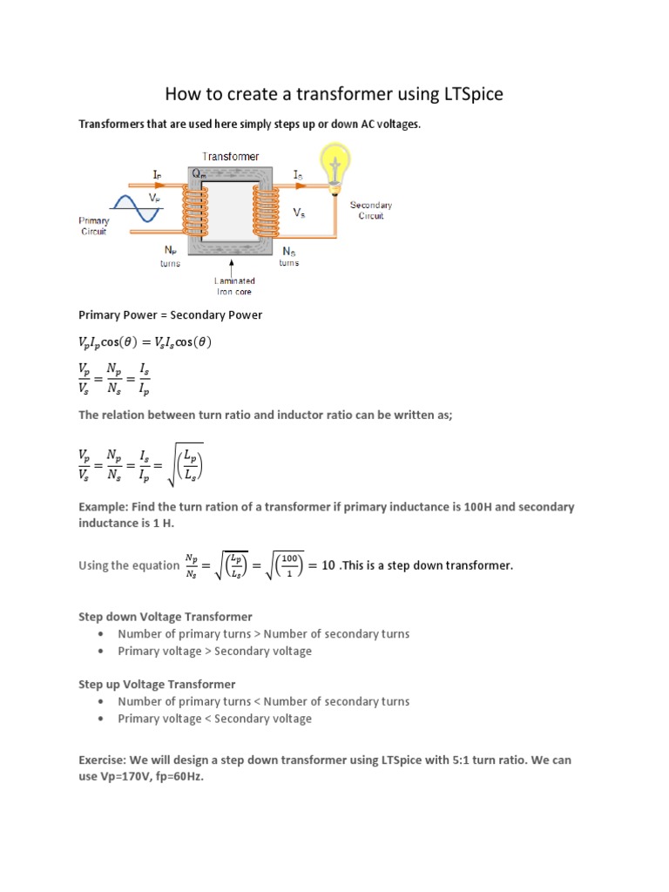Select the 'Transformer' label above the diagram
tap(231, 157)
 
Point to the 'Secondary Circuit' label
tap(371, 210)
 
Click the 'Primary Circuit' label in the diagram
tap(93, 226)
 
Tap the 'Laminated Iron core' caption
tap(234, 286)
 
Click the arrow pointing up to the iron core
tap(232, 262)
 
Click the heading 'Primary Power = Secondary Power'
tap(170, 315)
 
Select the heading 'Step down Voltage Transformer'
tap(166, 617)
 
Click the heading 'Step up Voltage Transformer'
tap(157, 684)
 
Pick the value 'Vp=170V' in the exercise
tap(126, 777)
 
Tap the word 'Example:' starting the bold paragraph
tap(102, 506)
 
